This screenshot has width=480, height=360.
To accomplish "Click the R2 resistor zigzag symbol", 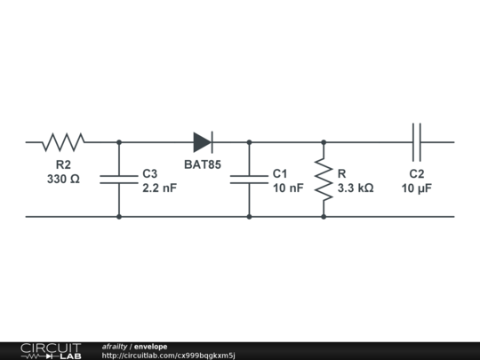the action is (x=63, y=142).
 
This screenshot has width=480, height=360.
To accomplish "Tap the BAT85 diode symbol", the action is (x=203, y=142).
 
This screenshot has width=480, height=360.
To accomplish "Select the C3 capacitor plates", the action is (x=119, y=180).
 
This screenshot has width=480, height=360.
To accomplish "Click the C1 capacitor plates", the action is (x=249, y=180).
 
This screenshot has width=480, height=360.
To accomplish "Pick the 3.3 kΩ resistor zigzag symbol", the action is (x=324, y=180).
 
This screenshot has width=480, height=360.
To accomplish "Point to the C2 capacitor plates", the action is (x=417, y=142).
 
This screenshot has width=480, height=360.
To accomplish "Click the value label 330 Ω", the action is (x=63, y=179).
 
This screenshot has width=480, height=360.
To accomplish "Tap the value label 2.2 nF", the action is (x=159, y=188).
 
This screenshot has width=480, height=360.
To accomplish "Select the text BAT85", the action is (x=203, y=164).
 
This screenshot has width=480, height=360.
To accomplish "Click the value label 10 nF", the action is (x=288, y=188).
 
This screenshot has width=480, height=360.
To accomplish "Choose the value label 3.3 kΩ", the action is (x=356, y=188).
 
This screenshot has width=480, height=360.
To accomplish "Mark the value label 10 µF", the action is (x=417, y=188).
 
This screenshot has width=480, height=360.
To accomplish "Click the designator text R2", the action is (x=63, y=164).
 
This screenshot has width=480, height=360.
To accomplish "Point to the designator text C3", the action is (x=150, y=173).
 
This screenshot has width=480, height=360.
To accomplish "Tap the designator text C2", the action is (x=417, y=173).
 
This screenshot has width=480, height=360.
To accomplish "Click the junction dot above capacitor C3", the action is (x=119, y=142).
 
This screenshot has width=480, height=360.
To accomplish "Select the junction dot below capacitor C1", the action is (x=249, y=217).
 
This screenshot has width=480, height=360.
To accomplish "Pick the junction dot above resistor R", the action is (x=324, y=142).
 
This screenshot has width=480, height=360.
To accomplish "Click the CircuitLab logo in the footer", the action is (x=51, y=351).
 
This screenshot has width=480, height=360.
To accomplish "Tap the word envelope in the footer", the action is (x=150, y=347).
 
